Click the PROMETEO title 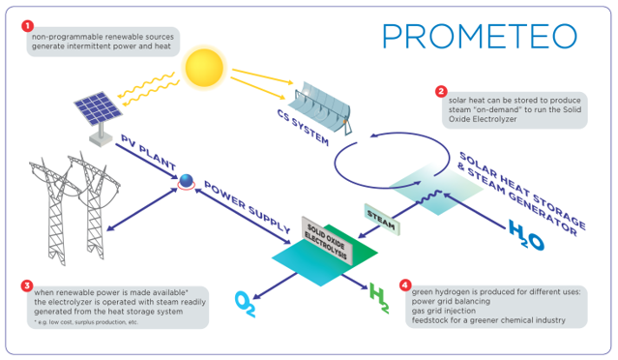tap(480, 36)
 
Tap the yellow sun tap(204, 67)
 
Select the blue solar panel tap(98, 107)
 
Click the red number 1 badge tap(27, 26)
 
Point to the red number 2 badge tap(441, 92)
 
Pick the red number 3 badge tap(27, 285)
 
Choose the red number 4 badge tap(405, 285)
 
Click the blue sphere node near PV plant tap(186, 181)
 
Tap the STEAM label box tap(381, 220)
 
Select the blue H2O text tap(526, 235)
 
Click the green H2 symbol tap(379, 298)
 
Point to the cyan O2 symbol tap(245, 304)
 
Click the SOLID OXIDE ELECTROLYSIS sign tap(327, 241)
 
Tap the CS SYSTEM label tap(303, 128)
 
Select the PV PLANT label tap(148, 152)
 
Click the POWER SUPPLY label tap(248, 207)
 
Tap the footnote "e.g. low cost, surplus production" tap(85, 322)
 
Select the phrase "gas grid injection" tap(443, 311)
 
